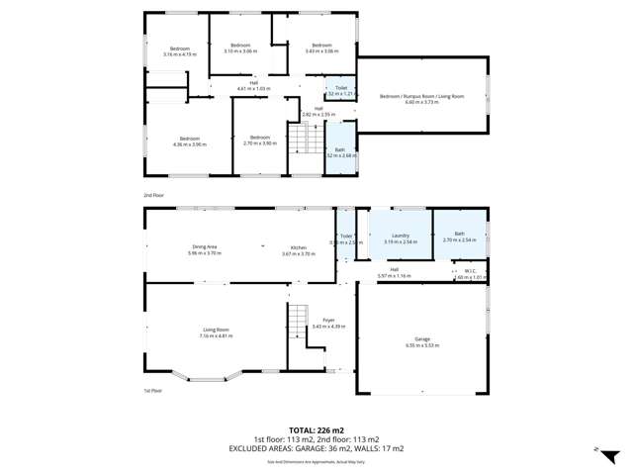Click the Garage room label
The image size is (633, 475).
coord(422,338)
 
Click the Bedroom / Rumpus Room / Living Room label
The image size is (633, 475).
coord(422,96)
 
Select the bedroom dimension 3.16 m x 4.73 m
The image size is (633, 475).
coord(179,54)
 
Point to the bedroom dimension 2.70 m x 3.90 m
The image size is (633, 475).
coord(259,143)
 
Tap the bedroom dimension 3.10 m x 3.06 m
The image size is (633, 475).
coord(240,50)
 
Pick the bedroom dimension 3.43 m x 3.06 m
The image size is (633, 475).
coord(322,50)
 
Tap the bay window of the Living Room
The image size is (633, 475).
coord(208,377)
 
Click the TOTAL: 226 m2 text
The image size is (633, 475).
coord(316,430)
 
